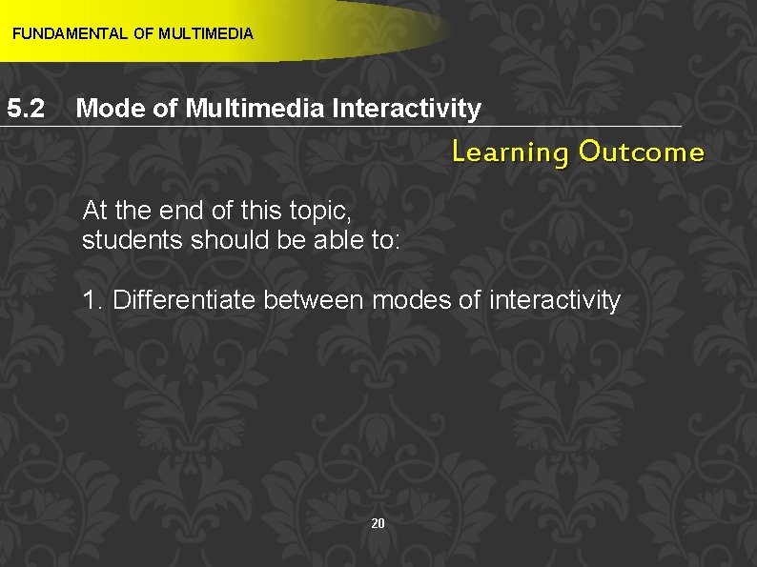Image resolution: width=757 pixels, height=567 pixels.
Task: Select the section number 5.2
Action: coord(27,109)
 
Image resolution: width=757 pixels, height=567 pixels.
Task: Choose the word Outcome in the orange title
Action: coord(642,152)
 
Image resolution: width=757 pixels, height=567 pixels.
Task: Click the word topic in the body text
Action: coord(320,210)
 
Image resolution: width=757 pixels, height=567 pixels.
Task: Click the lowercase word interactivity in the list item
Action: coord(554,301)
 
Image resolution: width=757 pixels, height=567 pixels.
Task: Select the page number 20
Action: coord(378,523)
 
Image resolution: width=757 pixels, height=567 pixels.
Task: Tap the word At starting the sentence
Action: coord(95,210)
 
